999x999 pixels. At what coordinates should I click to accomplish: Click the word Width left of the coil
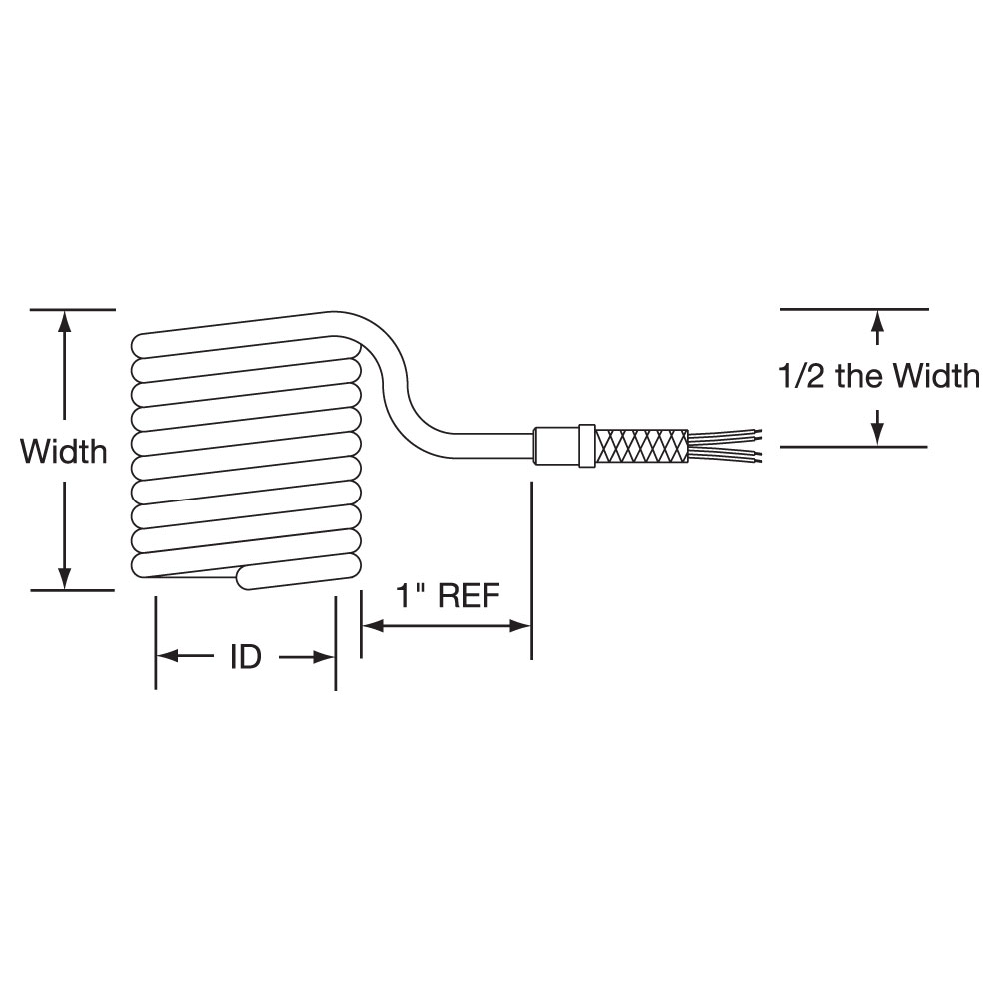click(x=64, y=452)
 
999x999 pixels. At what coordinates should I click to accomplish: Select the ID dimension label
click(x=246, y=657)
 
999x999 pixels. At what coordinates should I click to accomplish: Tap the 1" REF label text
click(x=448, y=596)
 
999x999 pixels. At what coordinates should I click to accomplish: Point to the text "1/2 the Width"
click(x=879, y=376)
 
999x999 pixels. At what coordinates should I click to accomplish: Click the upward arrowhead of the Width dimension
click(x=64, y=321)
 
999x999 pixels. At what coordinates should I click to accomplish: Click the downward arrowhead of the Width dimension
click(x=64, y=578)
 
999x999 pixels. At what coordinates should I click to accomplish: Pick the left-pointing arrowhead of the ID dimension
click(x=168, y=657)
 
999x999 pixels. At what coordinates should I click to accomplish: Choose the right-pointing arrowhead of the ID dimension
click(x=324, y=657)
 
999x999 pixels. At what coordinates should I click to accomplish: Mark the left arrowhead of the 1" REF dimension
click(x=373, y=627)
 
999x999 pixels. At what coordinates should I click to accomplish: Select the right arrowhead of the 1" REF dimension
click(x=520, y=627)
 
